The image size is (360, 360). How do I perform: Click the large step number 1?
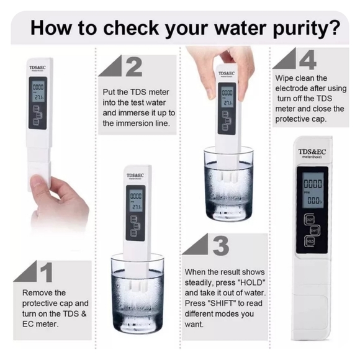click(x=46, y=271)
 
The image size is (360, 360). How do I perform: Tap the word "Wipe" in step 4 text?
click(x=286, y=78)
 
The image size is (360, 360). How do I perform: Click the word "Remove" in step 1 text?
click(x=35, y=292)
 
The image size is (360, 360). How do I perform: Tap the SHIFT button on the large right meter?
click(x=315, y=230)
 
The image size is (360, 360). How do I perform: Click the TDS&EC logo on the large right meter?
click(x=312, y=151)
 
